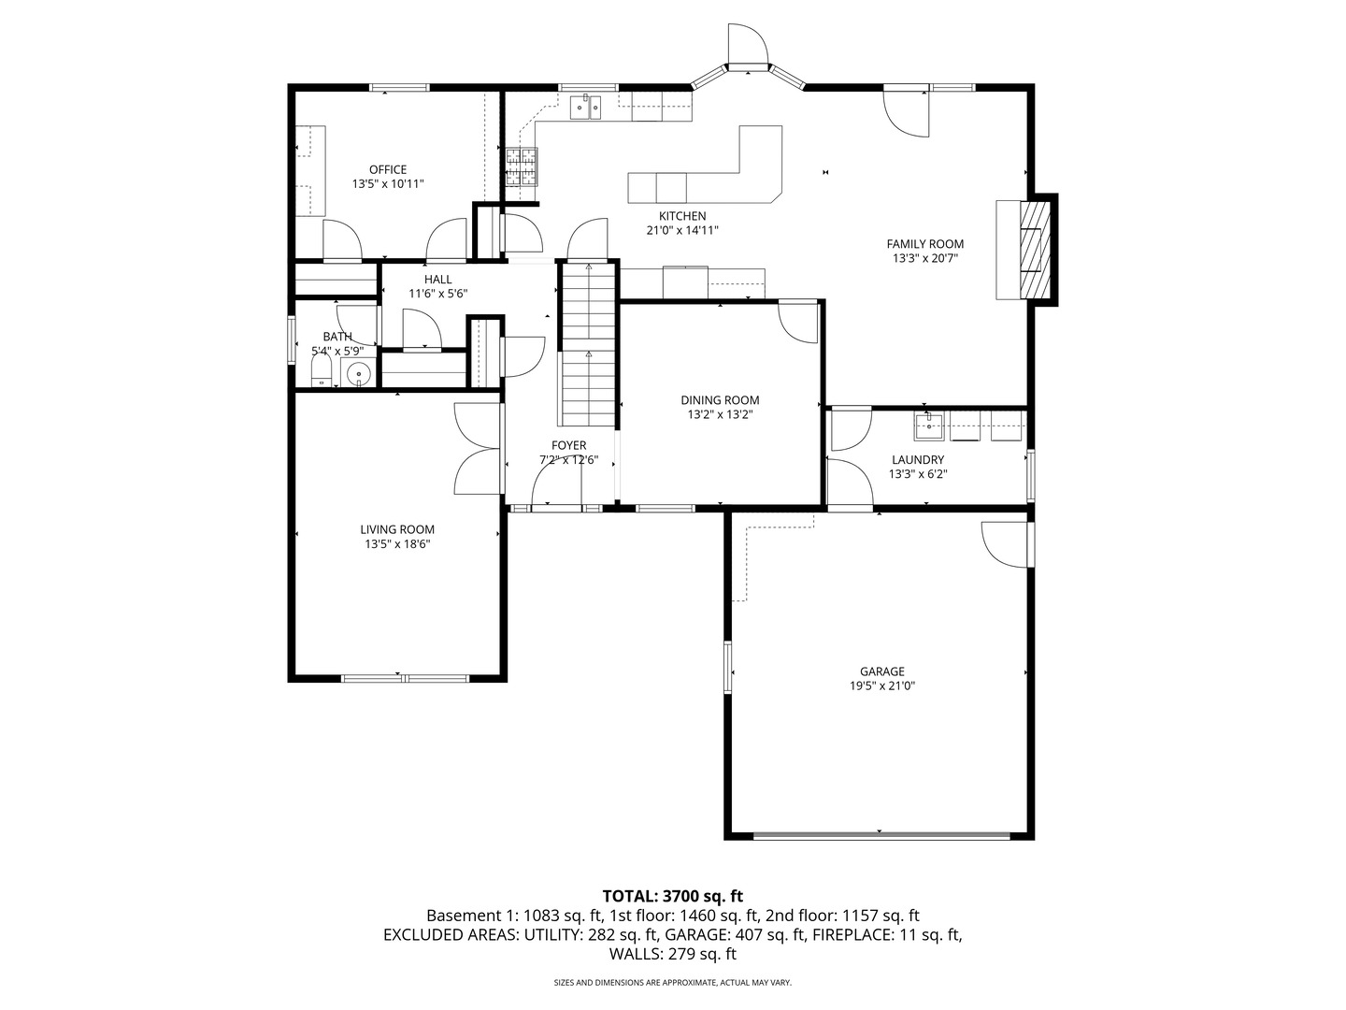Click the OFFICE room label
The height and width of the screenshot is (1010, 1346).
click(387, 169)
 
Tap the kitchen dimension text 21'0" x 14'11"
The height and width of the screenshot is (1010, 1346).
click(682, 230)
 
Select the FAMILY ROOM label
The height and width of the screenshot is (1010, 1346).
click(924, 244)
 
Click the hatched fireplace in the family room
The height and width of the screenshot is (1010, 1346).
click(1033, 249)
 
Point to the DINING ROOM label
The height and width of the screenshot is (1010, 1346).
click(720, 399)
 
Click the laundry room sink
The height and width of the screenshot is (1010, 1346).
click(929, 428)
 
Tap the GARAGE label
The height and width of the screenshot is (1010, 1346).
click(882, 671)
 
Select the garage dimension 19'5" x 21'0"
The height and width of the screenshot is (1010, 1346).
click(882, 685)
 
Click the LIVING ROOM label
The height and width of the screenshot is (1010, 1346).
click(397, 529)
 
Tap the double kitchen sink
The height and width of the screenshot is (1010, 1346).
click(587, 108)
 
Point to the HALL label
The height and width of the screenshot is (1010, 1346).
click(437, 279)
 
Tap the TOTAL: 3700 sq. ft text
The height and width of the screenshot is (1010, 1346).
click(673, 897)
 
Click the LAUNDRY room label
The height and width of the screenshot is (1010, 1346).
click(917, 459)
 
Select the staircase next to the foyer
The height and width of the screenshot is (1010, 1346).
click(589, 344)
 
